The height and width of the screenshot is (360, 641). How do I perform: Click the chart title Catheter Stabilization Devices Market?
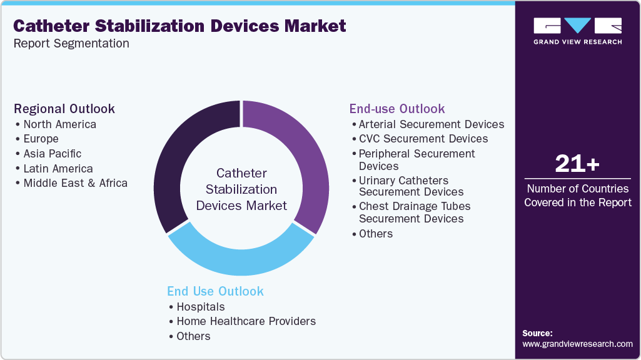[x=179, y=26]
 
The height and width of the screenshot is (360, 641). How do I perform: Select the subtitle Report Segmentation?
[x=71, y=44]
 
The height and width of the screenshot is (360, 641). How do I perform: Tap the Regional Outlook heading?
[x=64, y=109]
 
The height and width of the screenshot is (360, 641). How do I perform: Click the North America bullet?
[x=59, y=124]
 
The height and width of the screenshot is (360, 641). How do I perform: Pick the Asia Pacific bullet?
[x=52, y=154]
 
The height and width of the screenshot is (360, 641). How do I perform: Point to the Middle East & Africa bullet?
[x=75, y=183]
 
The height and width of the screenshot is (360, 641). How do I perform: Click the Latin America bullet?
[x=58, y=169]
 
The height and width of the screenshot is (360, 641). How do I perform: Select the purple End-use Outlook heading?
[x=397, y=109]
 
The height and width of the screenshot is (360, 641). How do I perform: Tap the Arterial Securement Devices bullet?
[x=431, y=124]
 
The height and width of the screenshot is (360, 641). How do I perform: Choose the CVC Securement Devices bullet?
[x=423, y=139]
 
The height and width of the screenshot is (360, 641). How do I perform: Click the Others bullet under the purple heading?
[x=375, y=234]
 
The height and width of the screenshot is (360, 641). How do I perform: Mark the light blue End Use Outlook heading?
[x=215, y=291]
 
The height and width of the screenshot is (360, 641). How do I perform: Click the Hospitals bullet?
[x=200, y=307]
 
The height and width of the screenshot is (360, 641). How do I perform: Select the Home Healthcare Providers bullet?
[x=246, y=321]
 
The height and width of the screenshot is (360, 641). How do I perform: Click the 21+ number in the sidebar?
[x=577, y=164]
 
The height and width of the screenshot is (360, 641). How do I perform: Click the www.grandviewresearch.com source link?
[x=577, y=344]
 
